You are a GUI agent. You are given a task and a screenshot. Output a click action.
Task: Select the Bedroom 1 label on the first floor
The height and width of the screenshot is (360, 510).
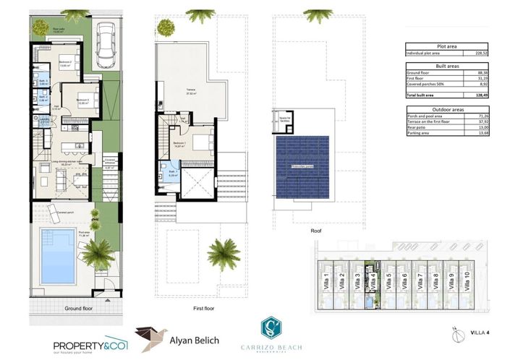(182, 144)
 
